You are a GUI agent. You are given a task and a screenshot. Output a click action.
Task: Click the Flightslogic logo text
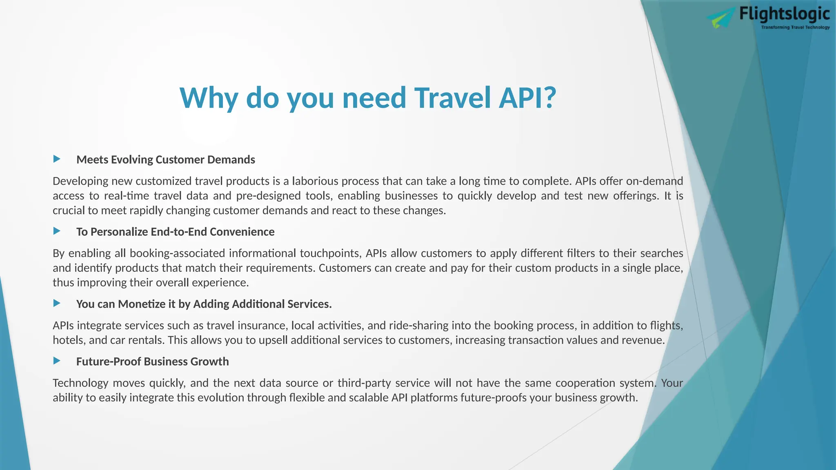pyautogui.click(x=784, y=14)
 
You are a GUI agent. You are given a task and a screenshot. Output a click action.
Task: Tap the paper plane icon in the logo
pyautogui.click(x=721, y=19)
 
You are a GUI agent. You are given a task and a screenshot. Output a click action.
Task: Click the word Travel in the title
pyautogui.click(x=452, y=98)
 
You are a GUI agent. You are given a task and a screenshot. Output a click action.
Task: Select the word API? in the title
pyautogui.click(x=527, y=98)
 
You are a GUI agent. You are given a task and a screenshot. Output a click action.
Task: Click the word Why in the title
pyautogui.click(x=209, y=98)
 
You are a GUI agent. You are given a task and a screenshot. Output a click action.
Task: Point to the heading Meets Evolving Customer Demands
pyautogui.click(x=165, y=160)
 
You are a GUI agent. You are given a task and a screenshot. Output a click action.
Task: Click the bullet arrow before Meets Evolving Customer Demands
pyautogui.click(x=57, y=159)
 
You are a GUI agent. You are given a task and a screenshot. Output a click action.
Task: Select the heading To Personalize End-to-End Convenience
pyautogui.click(x=175, y=232)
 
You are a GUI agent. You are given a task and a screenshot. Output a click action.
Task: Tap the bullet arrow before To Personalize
pyautogui.click(x=57, y=231)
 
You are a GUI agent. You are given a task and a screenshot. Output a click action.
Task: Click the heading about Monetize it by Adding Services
pyautogui.click(x=204, y=304)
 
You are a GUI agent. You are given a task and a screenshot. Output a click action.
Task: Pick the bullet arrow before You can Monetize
pyautogui.click(x=57, y=303)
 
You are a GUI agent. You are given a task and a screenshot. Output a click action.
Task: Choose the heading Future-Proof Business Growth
pyautogui.click(x=152, y=361)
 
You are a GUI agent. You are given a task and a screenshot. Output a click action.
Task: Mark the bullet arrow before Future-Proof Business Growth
pyautogui.click(x=57, y=361)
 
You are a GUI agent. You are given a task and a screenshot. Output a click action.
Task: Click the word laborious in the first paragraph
pyautogui.click(x=315, y=181)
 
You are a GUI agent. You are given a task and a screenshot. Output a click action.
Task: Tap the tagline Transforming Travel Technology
pyautogui.click(x=795, y=27)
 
